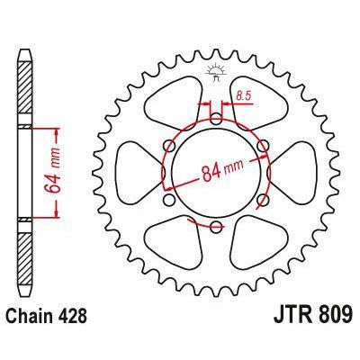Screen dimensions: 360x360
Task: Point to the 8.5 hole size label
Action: tap(241, 94)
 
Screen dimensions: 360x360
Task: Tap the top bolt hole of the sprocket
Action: tap(216, 117)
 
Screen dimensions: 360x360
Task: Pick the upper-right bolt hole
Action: tap(262, 144)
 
